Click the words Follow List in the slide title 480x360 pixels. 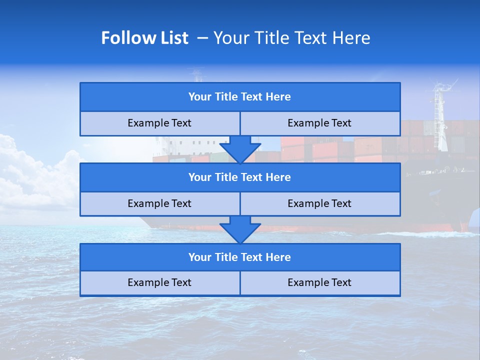144,38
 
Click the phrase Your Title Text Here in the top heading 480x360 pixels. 291,38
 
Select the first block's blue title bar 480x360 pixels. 240,97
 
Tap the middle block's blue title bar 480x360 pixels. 240,177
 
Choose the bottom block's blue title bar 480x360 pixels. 240,257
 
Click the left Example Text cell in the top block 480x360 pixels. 159,123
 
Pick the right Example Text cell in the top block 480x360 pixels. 319,123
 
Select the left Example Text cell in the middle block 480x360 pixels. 159,203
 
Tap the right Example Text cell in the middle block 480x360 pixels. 319,203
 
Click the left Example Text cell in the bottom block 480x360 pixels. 159,283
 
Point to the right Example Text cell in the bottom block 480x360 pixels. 319,283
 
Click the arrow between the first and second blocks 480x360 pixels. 240,149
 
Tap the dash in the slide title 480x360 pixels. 202,38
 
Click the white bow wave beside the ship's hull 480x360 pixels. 425,234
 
